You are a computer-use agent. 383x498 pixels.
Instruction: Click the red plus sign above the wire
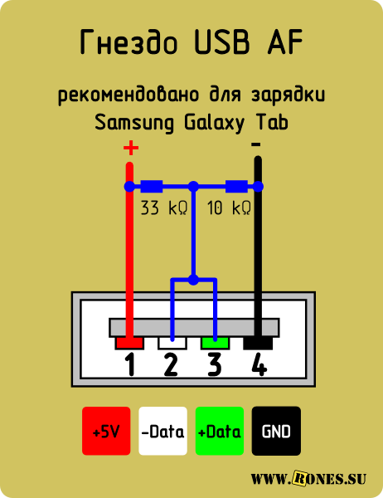(x=131, y=148)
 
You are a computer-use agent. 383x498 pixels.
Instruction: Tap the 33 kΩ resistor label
(x=164, y=208)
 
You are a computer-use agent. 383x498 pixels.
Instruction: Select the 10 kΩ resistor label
(x=229, y=208)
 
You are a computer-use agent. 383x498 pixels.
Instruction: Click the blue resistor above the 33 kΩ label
(x=152, y=187)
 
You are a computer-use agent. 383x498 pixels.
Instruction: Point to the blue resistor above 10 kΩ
(x=236, y=187)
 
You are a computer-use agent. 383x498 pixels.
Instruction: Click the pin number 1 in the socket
(x=130, y=365)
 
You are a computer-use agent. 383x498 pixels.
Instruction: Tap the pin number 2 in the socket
(x=171, y=365)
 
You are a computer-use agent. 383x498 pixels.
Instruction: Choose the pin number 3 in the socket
(x=214, y=365)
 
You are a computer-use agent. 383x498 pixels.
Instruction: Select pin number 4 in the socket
(x=259, y=365)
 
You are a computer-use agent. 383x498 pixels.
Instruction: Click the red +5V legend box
(x=106, y=431)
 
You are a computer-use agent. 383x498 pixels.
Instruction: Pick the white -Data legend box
(x=162, y=431)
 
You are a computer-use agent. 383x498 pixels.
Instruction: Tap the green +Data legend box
(x=219, y=431)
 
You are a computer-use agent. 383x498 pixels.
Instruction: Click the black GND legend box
(x=276, y=431)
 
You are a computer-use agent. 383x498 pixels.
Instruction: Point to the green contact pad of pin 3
(x=215, y=343)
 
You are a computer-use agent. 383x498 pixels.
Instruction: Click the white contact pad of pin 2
(x=172, y=343)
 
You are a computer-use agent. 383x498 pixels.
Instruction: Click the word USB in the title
(x=221, y=41)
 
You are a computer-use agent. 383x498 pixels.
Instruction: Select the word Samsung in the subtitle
(x=134, y=122)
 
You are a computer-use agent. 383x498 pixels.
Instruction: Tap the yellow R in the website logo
(x=299, y=478)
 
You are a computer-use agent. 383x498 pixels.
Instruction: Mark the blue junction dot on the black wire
(x=259, y=187)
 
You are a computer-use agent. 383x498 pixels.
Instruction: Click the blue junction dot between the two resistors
(x=193, y=187)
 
